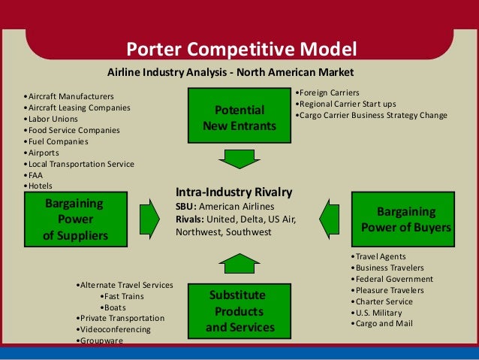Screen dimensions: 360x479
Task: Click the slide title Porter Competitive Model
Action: coord(239,50)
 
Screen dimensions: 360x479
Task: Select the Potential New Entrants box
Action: coord(239,116)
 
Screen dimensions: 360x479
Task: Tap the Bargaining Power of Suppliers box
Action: coord(75,219)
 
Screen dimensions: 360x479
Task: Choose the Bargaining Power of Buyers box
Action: coord(406,219)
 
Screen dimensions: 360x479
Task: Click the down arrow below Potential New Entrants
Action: coord(239,159)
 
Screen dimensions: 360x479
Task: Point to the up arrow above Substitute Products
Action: coord(239,264)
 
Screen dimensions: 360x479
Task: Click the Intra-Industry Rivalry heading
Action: coord(233,192)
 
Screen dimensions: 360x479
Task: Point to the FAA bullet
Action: coord(37,175)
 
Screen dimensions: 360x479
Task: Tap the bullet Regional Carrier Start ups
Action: coord(347,104)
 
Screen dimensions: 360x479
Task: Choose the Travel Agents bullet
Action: coord(381,256)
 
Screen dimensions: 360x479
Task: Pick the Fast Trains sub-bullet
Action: coord(122,296)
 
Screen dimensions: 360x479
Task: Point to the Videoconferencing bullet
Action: coord(115,329)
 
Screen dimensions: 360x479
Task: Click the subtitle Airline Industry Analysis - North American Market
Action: coord(230,72)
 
